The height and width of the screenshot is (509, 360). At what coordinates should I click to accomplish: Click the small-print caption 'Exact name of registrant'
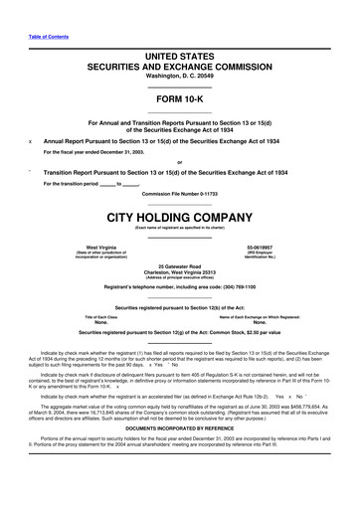179,227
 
